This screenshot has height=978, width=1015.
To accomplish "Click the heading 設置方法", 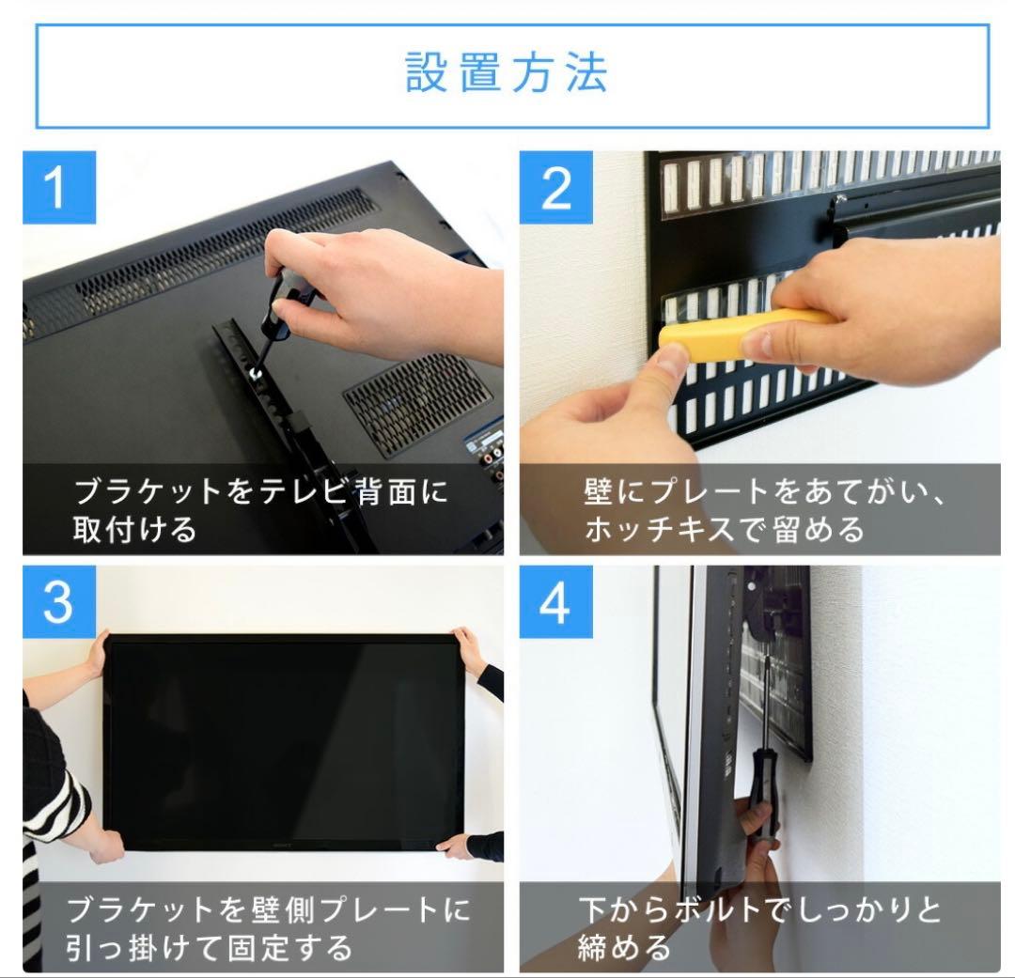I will tap(507, 72).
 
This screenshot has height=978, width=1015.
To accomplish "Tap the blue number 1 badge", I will tap(58, 187).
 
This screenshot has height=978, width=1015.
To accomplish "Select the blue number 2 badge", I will tap(556, 187).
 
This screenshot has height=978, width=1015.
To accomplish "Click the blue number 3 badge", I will tap(58, 601).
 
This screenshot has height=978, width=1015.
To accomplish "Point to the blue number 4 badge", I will tap(556, 601).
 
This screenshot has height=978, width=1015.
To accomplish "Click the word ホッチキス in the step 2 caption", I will tap(655, 529).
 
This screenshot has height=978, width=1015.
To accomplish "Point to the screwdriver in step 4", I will tap(763, 752).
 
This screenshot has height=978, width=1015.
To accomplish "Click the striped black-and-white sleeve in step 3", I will tap(52, 799).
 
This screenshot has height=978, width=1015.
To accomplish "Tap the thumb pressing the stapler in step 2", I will tap(669, 362).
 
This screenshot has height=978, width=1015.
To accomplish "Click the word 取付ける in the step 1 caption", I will tap(135, 529).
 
